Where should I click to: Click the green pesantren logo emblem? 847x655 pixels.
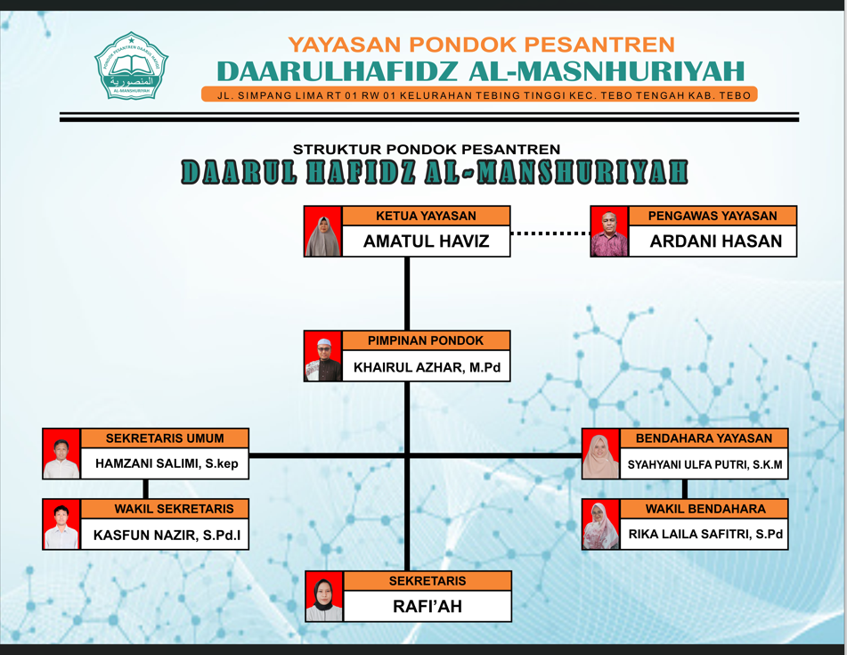click(131, 65)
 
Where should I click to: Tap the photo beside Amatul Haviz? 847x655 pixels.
click(323, 232)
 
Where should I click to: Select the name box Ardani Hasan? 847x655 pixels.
click(713, 241)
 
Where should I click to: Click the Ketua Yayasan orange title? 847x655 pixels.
click(427, 216)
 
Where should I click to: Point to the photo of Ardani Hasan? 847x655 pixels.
click(609, 232)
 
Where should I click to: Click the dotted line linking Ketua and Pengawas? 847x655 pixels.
click(550, 233)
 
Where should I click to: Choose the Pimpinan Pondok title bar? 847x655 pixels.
click(427, 340)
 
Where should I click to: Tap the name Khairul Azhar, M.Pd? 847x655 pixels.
click(427, 367)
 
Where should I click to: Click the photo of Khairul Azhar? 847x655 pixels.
click(323, 356)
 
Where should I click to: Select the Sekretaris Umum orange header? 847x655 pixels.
click(165, 438)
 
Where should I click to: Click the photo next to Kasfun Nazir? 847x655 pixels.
click(61, 524)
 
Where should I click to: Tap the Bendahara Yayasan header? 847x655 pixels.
click(704, 438)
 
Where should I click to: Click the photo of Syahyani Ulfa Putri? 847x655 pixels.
click(600, 454)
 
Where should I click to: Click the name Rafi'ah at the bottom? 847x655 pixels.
click(428, 606)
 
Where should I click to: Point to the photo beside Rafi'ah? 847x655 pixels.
click(324, 597)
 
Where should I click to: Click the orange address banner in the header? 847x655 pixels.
click(480, 94)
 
